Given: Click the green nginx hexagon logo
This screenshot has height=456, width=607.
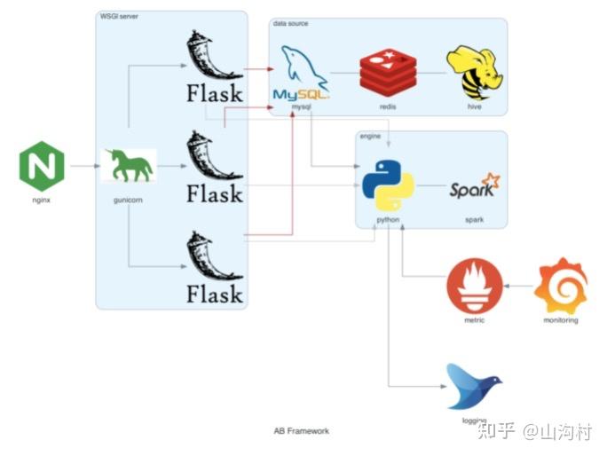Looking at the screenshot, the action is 42,166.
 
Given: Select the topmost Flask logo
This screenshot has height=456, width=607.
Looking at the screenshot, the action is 215,67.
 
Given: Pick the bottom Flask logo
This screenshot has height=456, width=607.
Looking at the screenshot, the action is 215,268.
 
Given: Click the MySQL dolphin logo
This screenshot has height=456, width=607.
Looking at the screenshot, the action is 301,73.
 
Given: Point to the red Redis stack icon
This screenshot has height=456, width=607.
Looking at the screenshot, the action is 388,73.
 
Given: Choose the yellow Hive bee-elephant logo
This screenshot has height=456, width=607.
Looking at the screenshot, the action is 475,73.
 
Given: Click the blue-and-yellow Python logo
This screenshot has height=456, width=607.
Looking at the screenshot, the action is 388,185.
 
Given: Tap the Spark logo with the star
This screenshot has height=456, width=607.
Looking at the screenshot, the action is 475,185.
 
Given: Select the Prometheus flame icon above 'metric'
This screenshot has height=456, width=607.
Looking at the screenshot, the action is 475,286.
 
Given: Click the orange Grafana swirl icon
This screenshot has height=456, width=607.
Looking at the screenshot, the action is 561,286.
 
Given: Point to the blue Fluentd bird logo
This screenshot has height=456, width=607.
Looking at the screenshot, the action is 474,386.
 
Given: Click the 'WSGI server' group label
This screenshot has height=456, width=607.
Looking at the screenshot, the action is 119,16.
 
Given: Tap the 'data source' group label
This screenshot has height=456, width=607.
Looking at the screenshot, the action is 291,23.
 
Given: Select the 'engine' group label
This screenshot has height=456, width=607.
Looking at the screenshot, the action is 370,137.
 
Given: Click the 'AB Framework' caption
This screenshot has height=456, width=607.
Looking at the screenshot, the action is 301,431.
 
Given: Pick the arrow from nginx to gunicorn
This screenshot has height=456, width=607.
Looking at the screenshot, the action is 85,166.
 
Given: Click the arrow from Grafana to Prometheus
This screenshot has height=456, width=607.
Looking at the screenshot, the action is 518,286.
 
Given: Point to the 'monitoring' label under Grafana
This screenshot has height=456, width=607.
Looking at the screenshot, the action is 561,320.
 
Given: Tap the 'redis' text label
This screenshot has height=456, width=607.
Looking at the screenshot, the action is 388,106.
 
